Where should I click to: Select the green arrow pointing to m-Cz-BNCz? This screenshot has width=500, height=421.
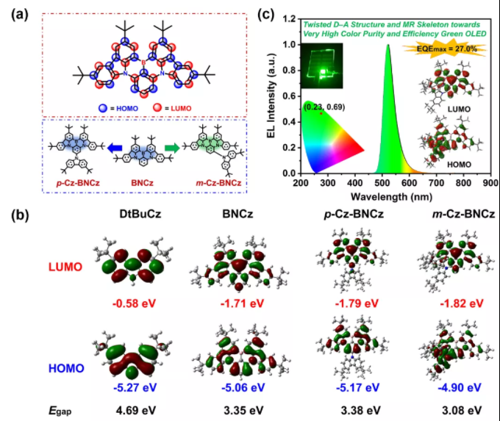[171, 149]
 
